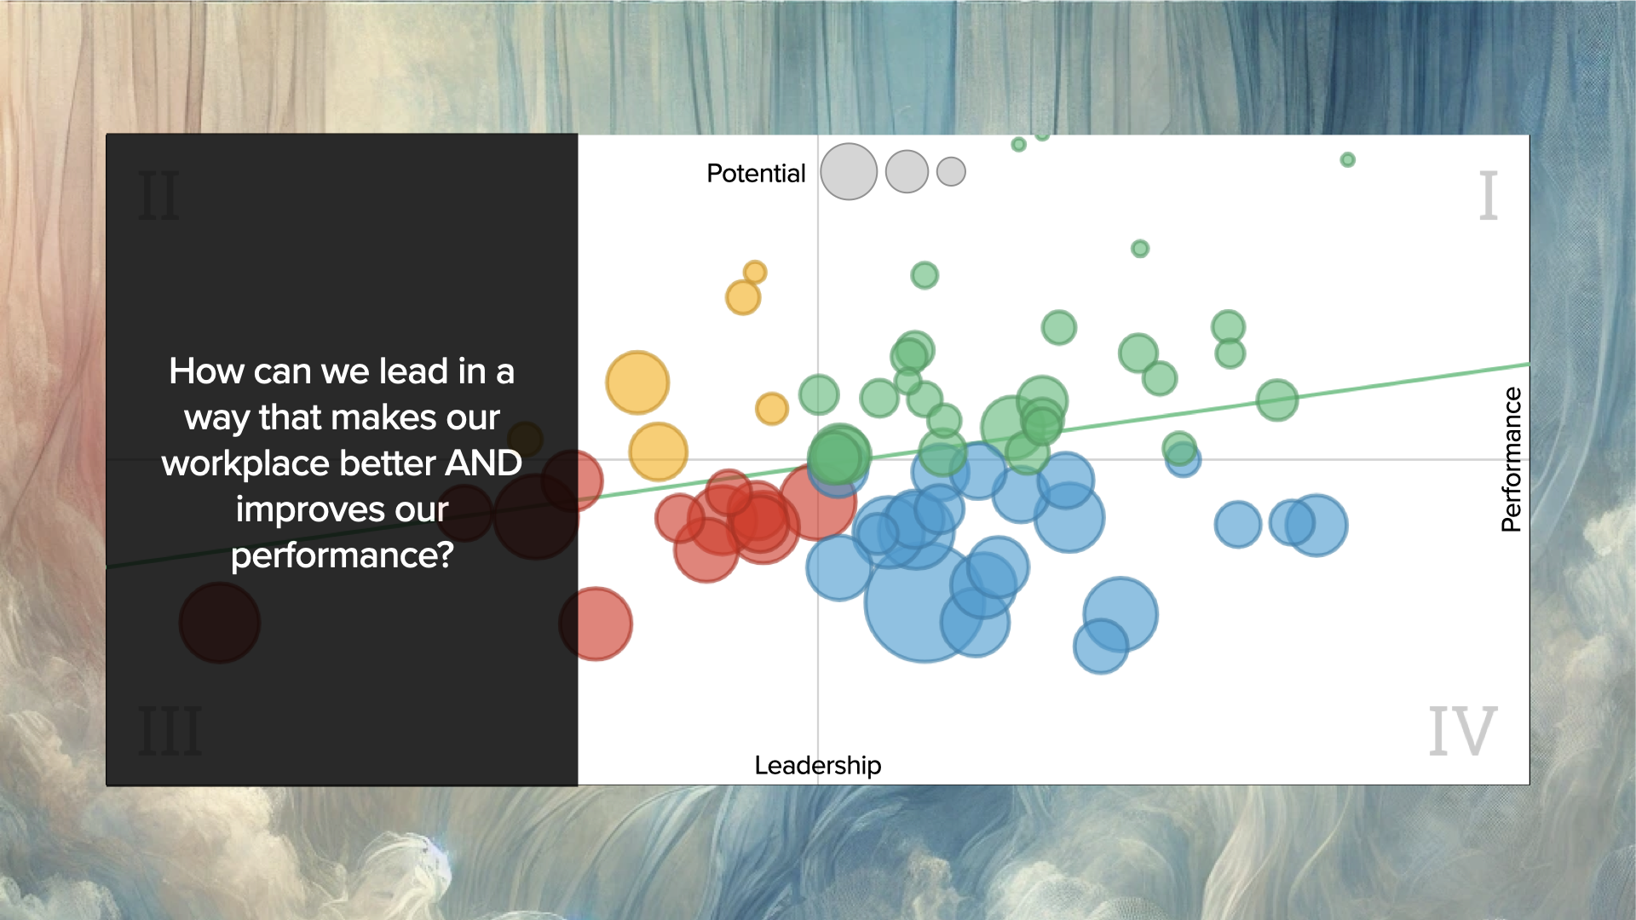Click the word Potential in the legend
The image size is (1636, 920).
click(756, 173)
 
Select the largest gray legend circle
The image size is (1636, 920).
click(849, 171)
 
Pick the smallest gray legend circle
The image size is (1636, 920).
click(951, 171)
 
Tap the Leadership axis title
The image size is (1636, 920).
click(818, 765)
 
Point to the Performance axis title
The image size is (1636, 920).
click(1511, 459)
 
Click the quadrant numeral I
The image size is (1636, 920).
click(1488, 195)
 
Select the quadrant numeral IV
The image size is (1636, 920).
click(1462, 730)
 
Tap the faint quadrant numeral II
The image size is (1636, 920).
click(159, 195)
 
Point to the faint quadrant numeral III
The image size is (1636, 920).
click(170, 730)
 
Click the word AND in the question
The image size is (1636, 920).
click(483, 463)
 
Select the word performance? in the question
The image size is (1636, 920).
click(342, 556)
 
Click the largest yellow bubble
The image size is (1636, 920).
click(637, 382)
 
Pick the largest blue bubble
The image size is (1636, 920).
click(925, 602)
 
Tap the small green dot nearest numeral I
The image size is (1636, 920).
click(1347, 159)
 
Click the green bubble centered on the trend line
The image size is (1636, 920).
click(1276, 400)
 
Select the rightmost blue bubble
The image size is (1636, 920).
click(1316, 525)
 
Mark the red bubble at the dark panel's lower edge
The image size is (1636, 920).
click(596, 624)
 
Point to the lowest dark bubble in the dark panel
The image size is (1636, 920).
click(220, 623)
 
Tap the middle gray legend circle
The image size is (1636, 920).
click(907, 171)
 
